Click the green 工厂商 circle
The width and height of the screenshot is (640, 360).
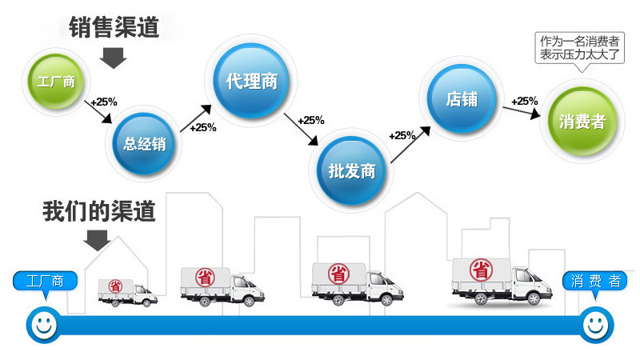tap(55, 82)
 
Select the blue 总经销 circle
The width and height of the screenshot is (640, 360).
tap(144, 144)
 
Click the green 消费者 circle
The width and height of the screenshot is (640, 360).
tap(582, 122)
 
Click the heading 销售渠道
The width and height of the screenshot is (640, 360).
tap(114, 29)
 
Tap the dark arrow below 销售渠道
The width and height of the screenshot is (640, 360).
tap(114, 58)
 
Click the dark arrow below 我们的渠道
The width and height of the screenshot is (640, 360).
tap(98, 239)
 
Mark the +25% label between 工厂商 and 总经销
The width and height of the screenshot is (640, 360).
tap(104, 102)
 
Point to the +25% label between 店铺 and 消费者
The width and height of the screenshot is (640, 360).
tap(524, 101)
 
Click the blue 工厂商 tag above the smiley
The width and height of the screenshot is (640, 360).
tap(45, 282)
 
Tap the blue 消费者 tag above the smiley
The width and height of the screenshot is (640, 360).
tap(595, 282)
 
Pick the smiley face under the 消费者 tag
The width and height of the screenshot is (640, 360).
tap(595, 324)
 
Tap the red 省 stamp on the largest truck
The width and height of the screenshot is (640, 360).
tap(481, 268)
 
